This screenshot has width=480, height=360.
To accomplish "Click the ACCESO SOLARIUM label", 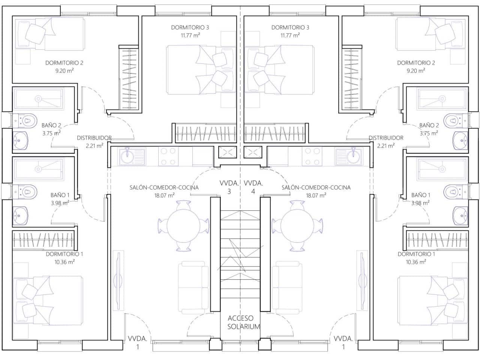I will click(243, 322).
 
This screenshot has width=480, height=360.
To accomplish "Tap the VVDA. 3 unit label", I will click(229, 187).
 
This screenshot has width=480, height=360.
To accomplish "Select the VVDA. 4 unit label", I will click(253, 187).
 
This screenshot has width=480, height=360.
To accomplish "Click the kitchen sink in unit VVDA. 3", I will click(132, 157).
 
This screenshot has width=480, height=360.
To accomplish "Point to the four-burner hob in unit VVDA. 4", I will click(312, 157).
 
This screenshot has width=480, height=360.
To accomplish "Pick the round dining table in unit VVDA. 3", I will click(183, 225).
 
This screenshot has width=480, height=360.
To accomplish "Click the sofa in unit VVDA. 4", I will click(287, 287).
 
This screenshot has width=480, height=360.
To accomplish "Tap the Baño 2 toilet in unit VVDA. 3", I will click(26, 120).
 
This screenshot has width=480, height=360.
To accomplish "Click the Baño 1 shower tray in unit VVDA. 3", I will click(39, 169).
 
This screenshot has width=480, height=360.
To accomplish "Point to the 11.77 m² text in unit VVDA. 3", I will click(190, 35).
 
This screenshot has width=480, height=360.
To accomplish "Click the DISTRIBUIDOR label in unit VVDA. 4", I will click(386, 138).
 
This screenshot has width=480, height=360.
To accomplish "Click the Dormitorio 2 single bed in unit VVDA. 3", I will click(49, 34).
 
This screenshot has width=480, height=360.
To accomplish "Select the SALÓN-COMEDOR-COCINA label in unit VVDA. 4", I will click(316, 187).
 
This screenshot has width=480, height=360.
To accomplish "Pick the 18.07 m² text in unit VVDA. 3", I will click(164, 195).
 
